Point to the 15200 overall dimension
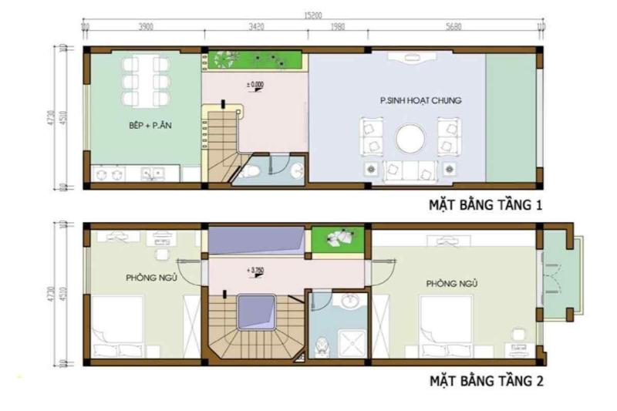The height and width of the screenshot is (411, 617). coord(312,15)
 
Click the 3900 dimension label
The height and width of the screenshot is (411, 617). coord(145,26)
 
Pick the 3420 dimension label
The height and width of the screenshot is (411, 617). coord(256,26)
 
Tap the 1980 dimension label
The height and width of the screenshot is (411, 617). coord(337,26)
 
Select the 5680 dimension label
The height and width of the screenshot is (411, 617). coord(453,26)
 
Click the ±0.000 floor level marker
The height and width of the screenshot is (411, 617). coord(255,83)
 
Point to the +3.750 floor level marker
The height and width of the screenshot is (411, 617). coord(255,271)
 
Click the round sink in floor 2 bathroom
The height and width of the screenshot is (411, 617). coord(349,302)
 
